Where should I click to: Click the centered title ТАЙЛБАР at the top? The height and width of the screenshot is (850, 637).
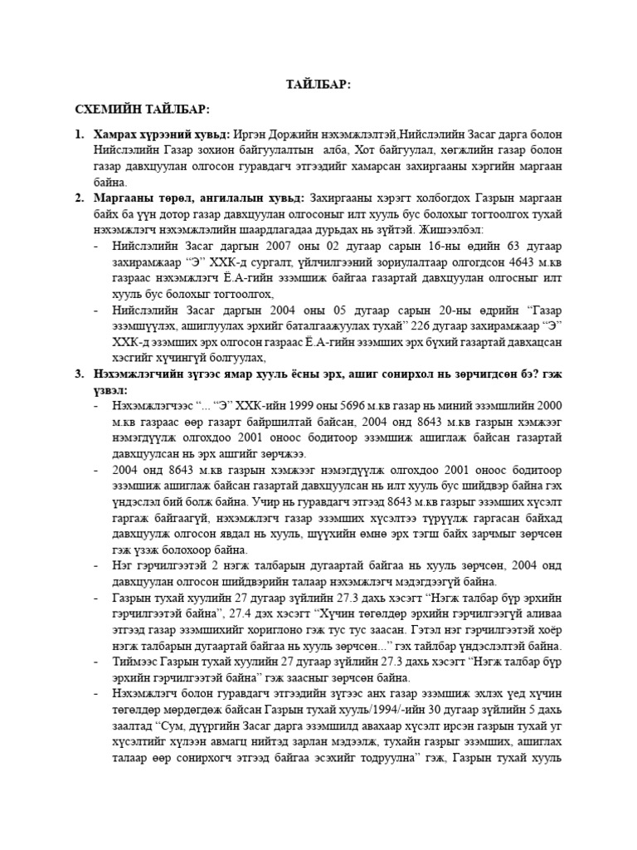(318, 85)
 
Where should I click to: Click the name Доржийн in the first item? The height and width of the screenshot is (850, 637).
(302, 134)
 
